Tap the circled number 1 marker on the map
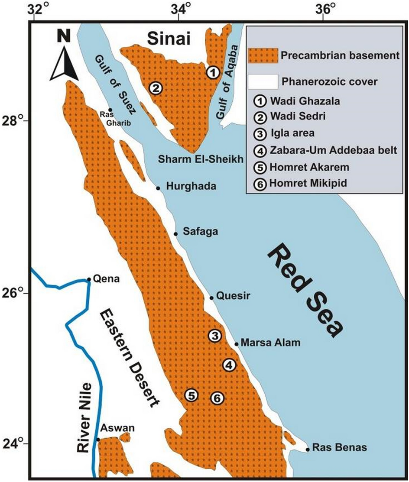tap(212, 72)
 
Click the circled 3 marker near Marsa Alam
tap(215, 335)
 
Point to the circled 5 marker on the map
tap(192, 395)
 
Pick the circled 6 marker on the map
tap(218, 397)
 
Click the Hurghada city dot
tap(158, 188)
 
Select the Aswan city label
tap(117, 429)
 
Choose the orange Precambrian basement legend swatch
tap(263, 55)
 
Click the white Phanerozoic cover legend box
tap(263, 81)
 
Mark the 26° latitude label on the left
tap(16, 293)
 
